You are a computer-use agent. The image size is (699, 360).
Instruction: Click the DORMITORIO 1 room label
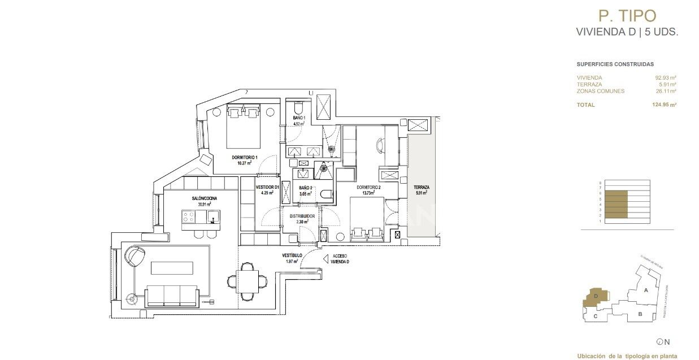click(245, 157)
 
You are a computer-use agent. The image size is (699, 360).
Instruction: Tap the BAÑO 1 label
click(298, 118)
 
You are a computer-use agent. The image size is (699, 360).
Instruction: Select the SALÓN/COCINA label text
click(204, 198)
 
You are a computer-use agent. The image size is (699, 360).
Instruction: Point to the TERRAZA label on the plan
click(421, 188)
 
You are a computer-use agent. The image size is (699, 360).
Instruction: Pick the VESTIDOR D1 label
click(267, 188)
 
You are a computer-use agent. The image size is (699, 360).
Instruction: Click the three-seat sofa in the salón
click(172, 295)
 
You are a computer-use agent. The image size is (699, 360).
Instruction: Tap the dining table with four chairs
click(247, 280)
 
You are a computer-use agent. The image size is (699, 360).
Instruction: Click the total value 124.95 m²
click(664, 105)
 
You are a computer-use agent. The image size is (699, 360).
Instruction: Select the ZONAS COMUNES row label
click(600, 91)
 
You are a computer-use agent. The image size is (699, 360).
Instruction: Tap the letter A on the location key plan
click(645, 290)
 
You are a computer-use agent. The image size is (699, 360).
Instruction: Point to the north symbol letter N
click(667, 341)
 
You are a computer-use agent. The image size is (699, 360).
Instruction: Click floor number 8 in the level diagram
click(600, 183)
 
